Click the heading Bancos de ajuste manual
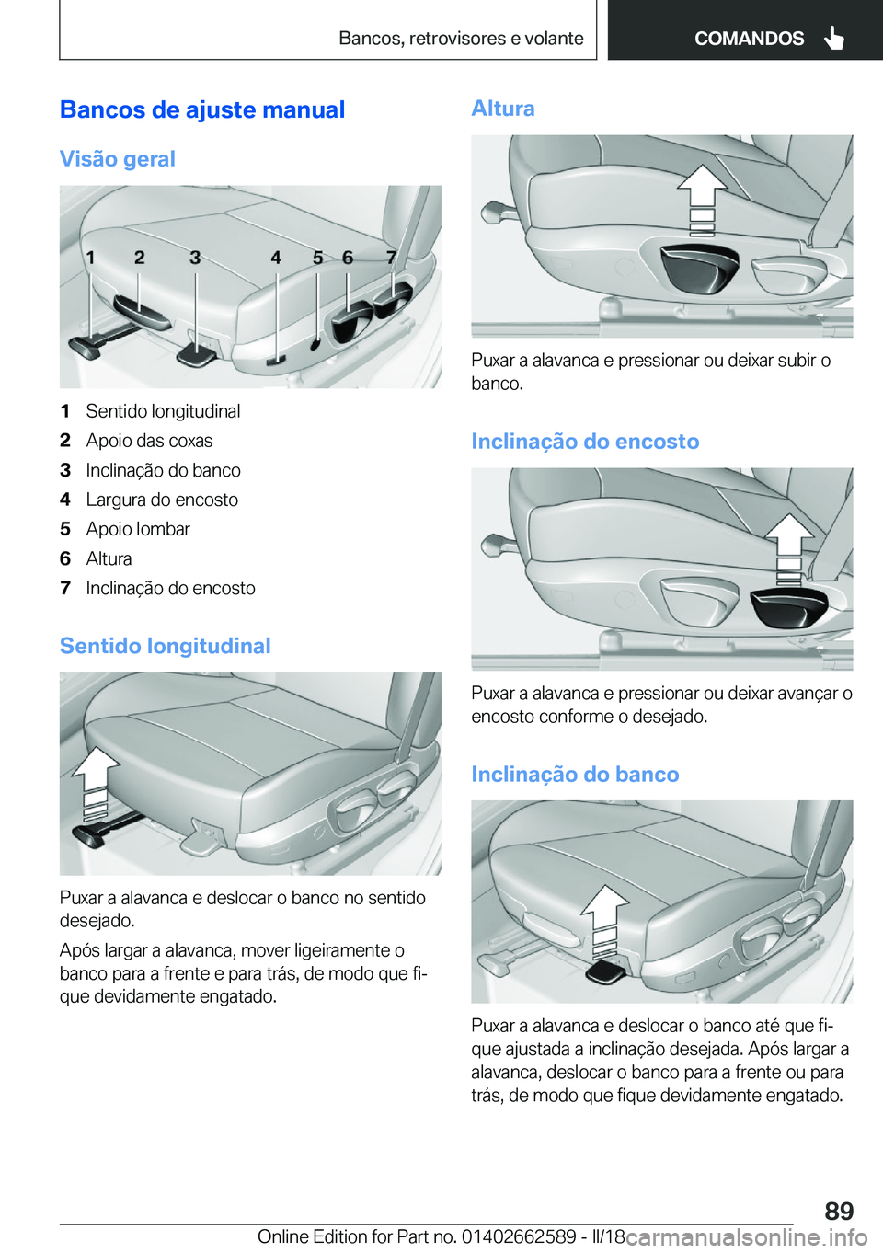coord(202,110)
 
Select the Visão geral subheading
coord(118,159)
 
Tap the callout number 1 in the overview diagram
coord(90,258)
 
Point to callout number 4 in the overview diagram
coord(276,258)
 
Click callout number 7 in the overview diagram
coord(392,258)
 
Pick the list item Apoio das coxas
coord(149,441)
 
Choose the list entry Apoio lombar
coord(138,529)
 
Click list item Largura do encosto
coord(162,500)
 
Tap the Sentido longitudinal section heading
coord(166,646)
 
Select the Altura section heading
coord(503,109)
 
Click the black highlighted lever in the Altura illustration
coord(700,268)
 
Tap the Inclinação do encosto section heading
coord(585,442)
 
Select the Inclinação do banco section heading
coord(575,775)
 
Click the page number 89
coord(839,1211)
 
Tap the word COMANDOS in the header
coord(749,39)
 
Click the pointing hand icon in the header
coord(834,39)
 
